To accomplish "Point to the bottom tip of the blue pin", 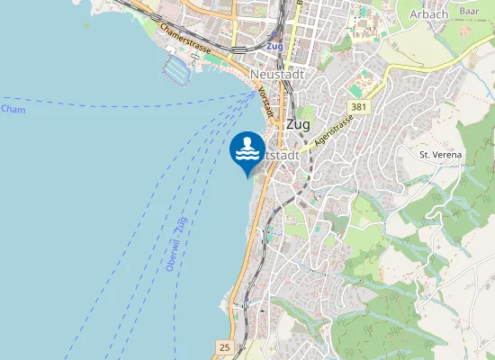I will click(247, 177).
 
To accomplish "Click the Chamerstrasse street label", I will click(185, 39).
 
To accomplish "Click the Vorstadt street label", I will click(265, 101).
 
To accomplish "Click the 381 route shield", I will click(359, 107).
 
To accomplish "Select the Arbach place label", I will click(428, 13).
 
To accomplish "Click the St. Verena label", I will click(440, 155).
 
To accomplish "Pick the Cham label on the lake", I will click(13, 110).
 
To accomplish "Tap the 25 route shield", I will click(223, 346).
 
